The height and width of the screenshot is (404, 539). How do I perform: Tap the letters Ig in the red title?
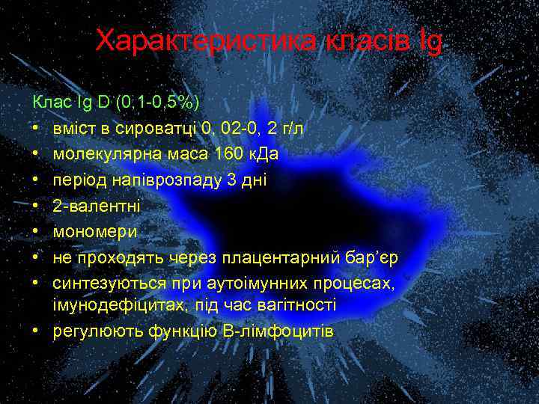point(431,42)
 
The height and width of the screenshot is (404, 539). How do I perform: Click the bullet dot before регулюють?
point(37,331)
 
